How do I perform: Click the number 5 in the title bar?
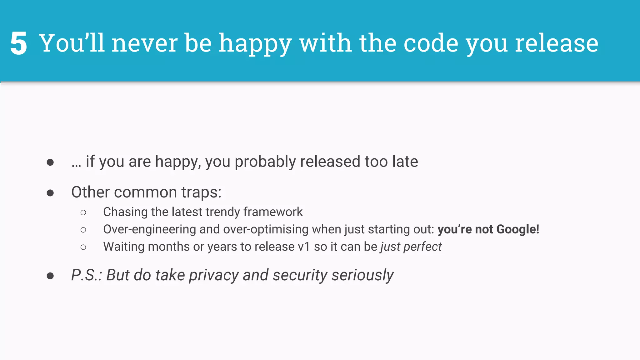18,43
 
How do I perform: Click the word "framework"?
273,212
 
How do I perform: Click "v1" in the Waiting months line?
304,247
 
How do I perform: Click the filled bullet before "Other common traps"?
50,193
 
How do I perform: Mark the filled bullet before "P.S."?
50,276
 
